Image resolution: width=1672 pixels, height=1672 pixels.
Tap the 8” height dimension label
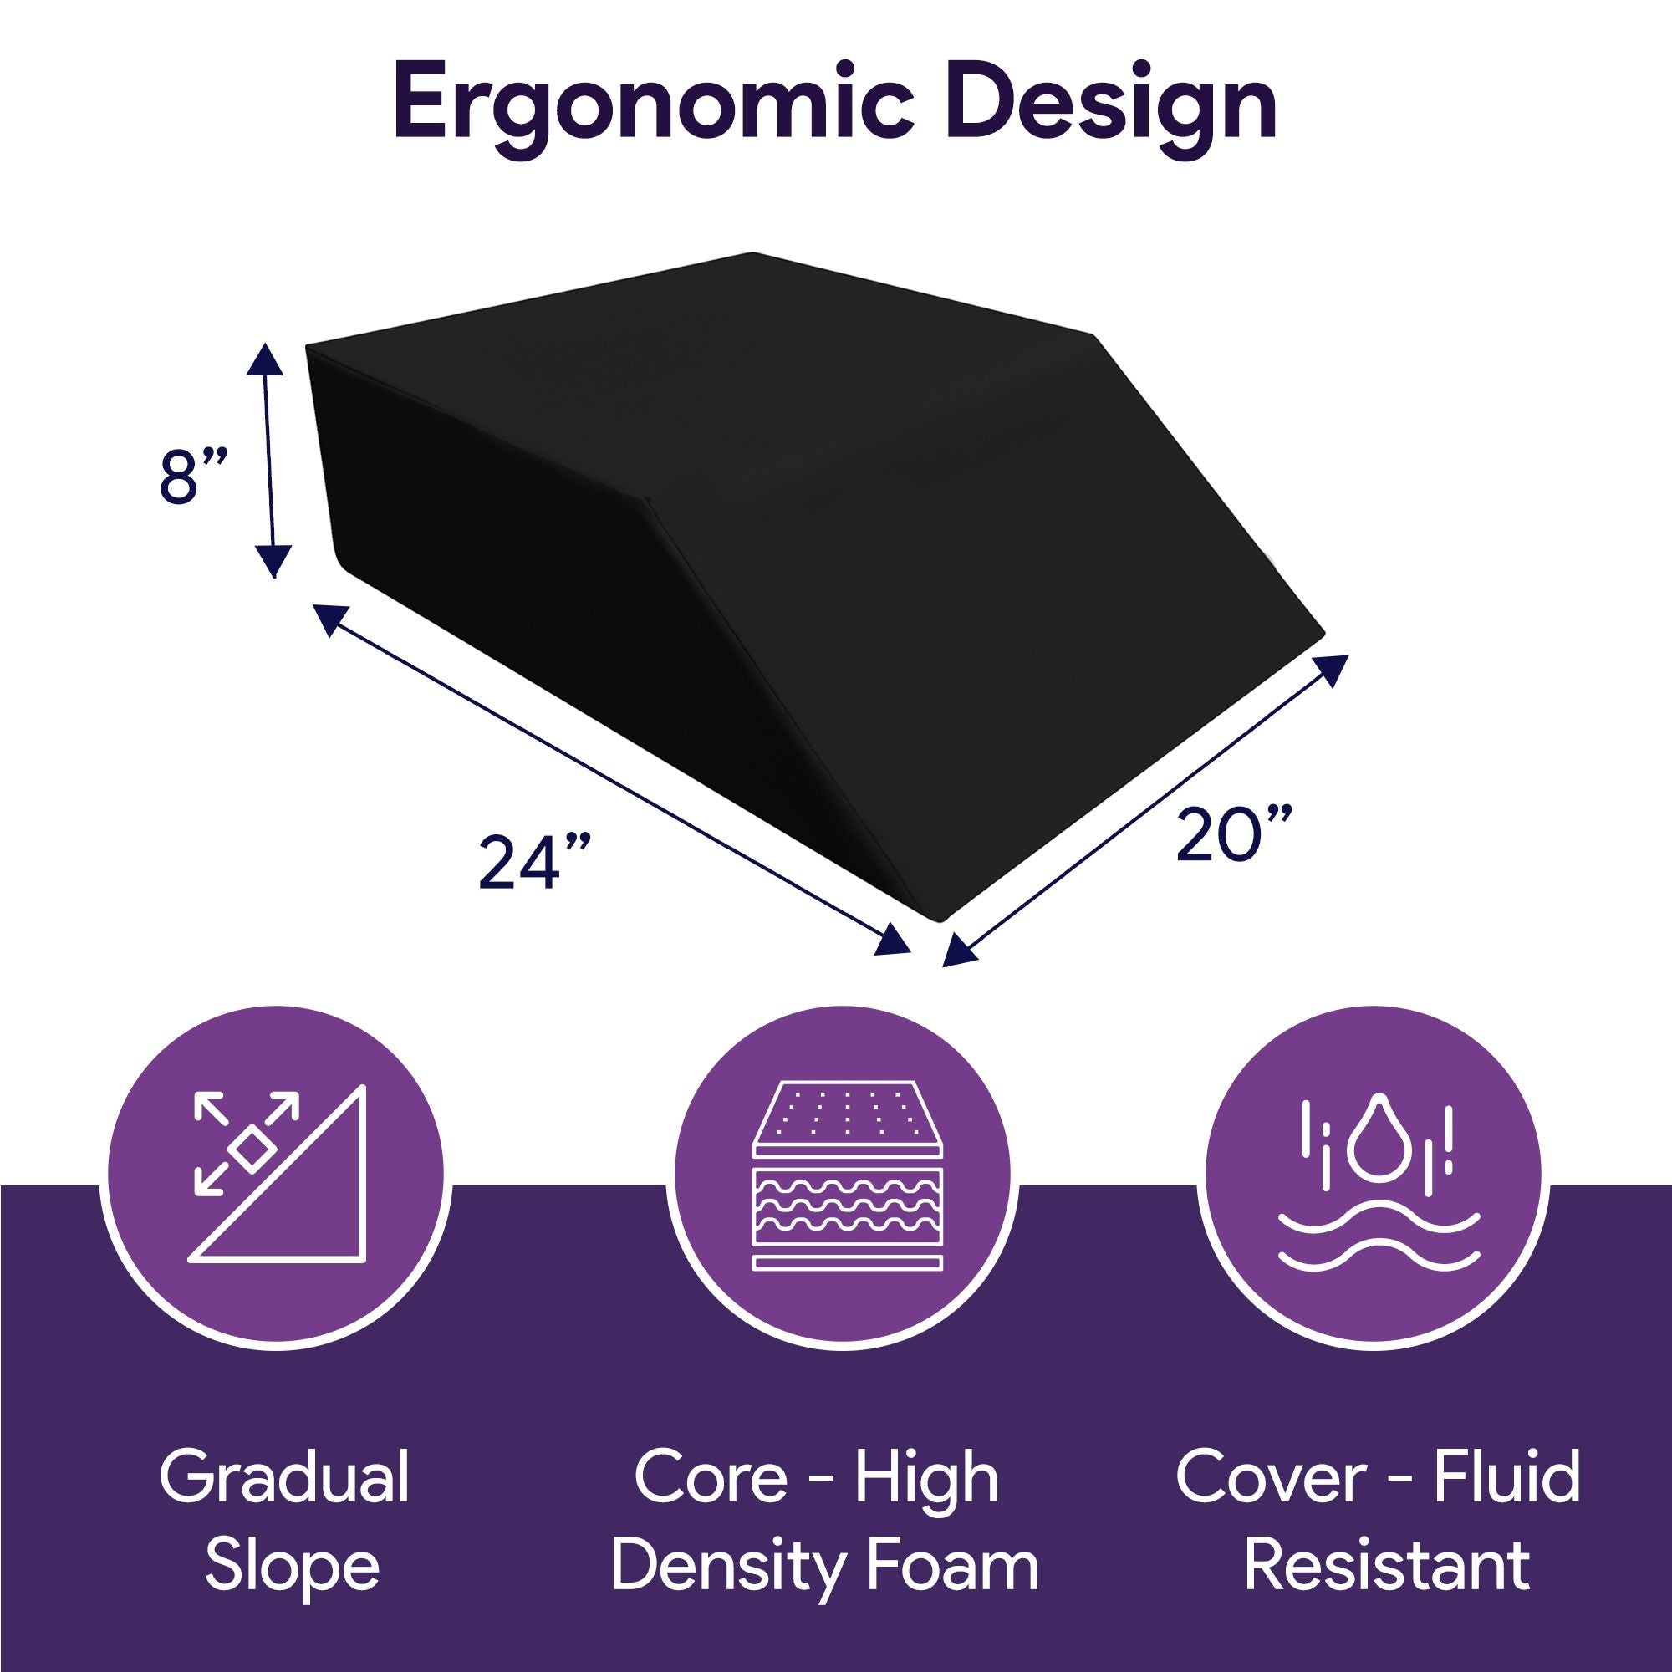point(192,475)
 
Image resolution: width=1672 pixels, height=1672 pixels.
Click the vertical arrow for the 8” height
point(270,459)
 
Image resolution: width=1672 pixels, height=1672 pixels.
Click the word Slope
point(293,1566)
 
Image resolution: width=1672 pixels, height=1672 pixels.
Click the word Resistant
point(1387,1566)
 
